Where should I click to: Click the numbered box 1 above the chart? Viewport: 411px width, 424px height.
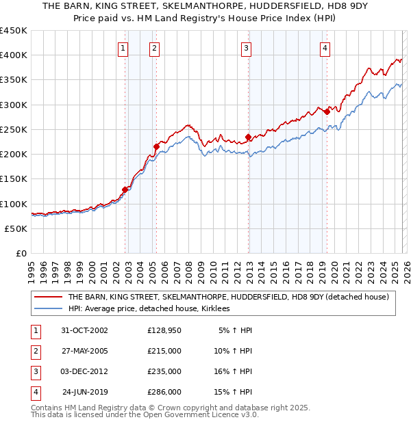(122, 48)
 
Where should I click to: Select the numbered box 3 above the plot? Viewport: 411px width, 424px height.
(245, 48)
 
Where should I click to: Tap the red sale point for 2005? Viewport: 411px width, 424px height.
(156, 146)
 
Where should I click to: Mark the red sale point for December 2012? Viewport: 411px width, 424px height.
(248, 137)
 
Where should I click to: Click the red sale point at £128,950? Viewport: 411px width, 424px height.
(125, 189)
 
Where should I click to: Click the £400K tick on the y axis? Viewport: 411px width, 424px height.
(14, 55)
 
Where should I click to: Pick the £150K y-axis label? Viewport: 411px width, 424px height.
(14, 179)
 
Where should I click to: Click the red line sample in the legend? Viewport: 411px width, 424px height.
(48, 297)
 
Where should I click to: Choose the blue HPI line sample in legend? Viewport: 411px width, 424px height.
(48, 309)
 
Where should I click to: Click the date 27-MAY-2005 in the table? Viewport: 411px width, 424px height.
(85, 351)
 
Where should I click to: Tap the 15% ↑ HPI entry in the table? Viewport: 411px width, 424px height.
(235, 393)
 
